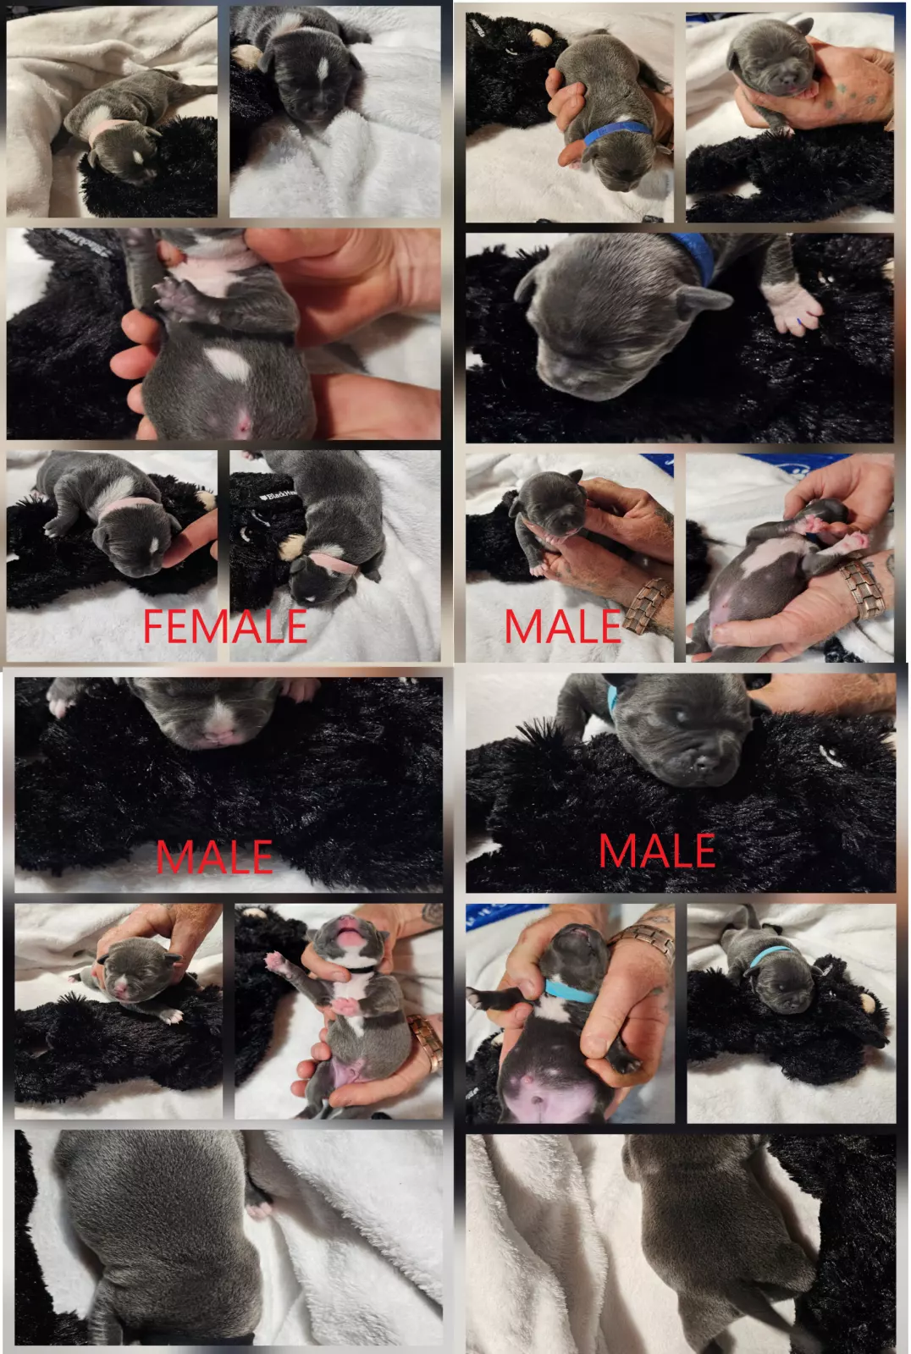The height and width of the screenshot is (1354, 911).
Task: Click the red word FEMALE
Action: (225, 626)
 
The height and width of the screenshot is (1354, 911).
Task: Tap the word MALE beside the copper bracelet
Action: (562, 626)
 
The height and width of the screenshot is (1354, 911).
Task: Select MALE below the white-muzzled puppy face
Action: (214, 856)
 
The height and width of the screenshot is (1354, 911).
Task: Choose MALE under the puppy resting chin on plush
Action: (656, 850)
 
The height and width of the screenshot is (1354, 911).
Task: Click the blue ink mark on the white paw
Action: (800, 322)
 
